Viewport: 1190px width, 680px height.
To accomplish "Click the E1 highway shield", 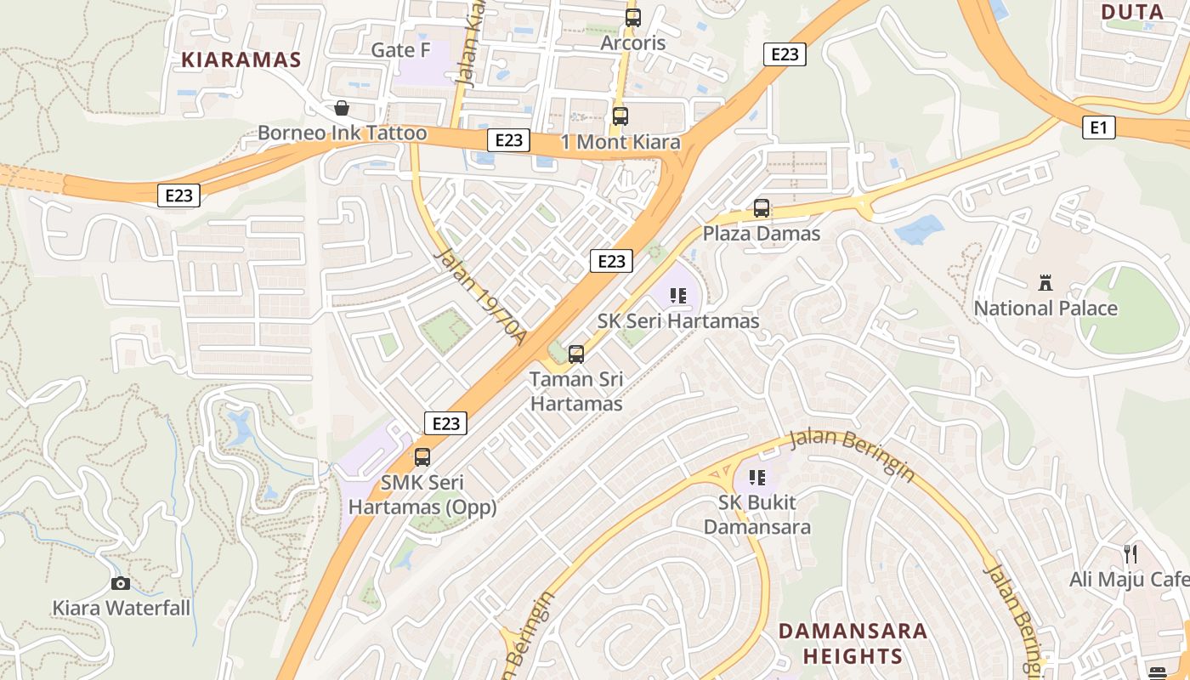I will pyautogui.click(x=1098, y=127).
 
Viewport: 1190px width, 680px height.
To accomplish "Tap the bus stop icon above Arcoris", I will pyautogui.click(x=632, y=17).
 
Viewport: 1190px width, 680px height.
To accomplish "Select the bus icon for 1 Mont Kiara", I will pyautogui.click(x=620, y=116).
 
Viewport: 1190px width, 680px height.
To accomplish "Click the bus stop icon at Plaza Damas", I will pyautogui.click(x=762, y=208).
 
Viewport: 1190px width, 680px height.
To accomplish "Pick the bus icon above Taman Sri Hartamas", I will pyautogui.click(x=576, y=354).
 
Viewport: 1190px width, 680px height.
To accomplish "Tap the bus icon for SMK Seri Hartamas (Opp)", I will pyautogui.click(x=422, y=457).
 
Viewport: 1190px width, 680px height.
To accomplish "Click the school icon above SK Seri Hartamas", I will pyautogui.click(x=677, y=296).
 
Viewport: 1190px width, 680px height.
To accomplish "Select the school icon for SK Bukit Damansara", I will pyautogui.click(x=757, y=478).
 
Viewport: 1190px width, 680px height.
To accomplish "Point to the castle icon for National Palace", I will pyautogui.click(x=1045, y=283).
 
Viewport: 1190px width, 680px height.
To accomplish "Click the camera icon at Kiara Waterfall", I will pyautogui.click(x=121, y=583).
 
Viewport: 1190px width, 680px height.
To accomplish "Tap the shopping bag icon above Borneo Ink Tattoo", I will pyautogui.click(x=341, y=108).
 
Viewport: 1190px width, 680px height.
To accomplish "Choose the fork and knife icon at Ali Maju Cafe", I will pyautogui.click(x=1130, y=554).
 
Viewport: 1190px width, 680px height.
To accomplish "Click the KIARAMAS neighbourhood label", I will pyautogui.click(x=241, y=59).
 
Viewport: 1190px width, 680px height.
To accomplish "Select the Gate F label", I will pyautogui.click(x=400, y=50).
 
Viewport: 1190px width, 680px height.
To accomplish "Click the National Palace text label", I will pyautogui.click(x=1045, y=308).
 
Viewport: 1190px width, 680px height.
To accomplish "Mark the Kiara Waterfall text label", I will pyautogui.click(x=122, y=608).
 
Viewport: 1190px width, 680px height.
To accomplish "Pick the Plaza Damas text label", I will pyautogui.click(x=762, y=233).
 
